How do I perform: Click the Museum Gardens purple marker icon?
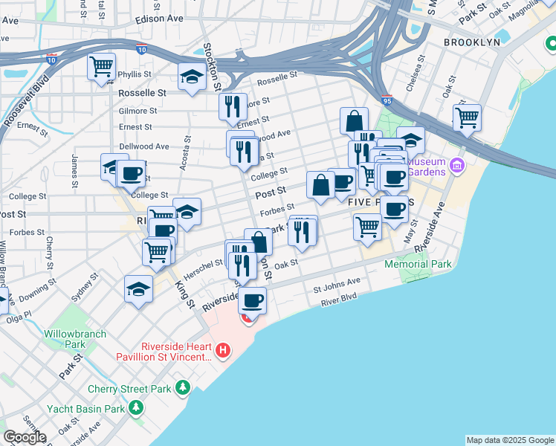[x=456, y=164]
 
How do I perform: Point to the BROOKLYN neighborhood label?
[x=472, y=42]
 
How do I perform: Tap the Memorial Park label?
[x=418, y=264]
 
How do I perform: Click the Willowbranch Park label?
[x=64, y=339]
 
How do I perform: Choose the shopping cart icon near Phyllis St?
[x=101, y=66]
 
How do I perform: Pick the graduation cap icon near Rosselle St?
[x=192, y=77]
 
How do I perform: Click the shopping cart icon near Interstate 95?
[x=467, y=117]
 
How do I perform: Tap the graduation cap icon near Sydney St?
[x=138, y=288]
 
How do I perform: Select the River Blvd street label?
[x=339, y=300]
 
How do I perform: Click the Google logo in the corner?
[x=25, y=437]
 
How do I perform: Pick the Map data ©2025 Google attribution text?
[x=510, y=440]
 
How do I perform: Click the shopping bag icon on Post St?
[x=320, y=184]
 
